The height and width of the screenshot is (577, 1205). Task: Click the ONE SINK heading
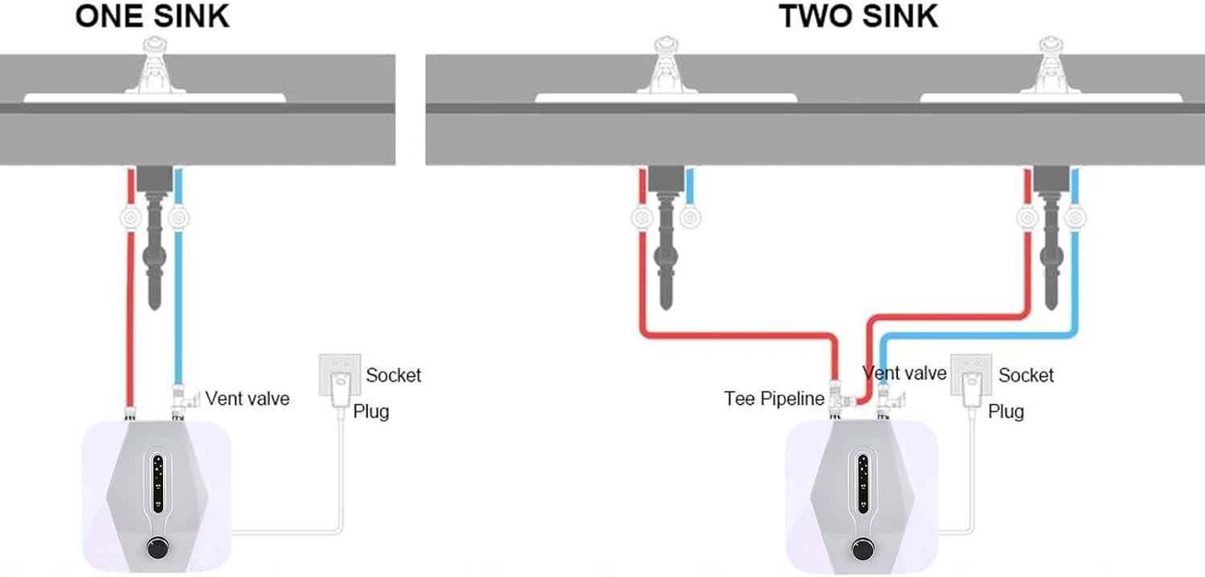[152, 15]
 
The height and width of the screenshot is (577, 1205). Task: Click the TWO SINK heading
[859, 15]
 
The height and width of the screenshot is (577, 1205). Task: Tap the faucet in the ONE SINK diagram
[153, 68]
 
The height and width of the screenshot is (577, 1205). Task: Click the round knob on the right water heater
[862, 550]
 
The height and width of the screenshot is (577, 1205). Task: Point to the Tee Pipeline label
[774, 399]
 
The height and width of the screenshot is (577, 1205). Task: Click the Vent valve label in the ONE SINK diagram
[247, 398]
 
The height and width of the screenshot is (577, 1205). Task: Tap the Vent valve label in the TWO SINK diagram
[904, 373]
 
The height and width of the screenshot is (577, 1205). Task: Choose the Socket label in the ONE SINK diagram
[393, 375]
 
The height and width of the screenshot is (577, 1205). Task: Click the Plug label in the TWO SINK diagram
[1006, 411]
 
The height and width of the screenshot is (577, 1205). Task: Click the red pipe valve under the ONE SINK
[129, 218]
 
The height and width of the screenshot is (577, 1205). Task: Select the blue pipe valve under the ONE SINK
[178, 218]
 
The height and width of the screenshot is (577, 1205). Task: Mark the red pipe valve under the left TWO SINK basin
[641, 218]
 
